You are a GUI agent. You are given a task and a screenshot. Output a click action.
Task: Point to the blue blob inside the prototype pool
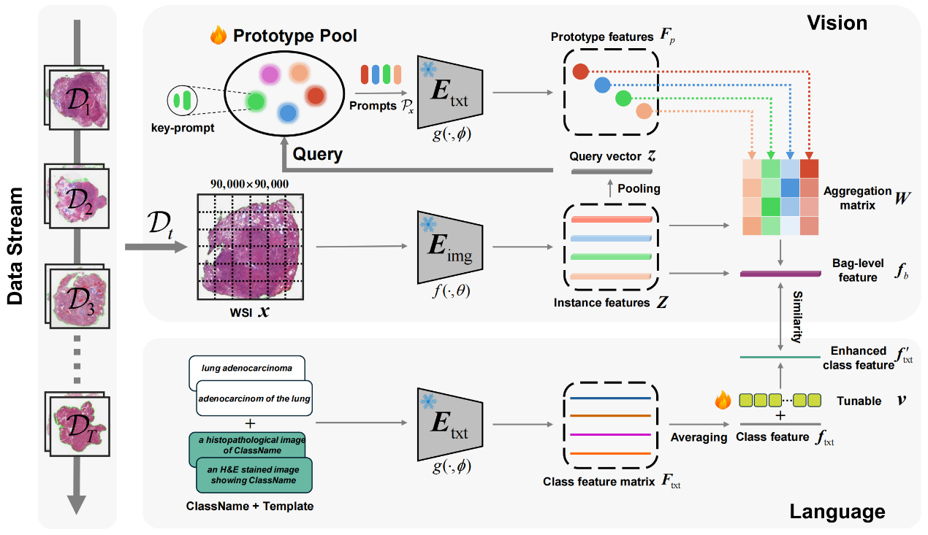tap(288, 113)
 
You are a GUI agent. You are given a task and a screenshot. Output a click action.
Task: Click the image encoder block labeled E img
tap(451, 247)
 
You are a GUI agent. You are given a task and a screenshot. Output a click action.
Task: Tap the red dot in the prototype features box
tap(580, 72)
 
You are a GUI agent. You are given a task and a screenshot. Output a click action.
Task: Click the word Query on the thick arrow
tap(318, 155)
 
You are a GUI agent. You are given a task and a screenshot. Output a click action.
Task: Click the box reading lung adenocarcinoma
tap(248, 369)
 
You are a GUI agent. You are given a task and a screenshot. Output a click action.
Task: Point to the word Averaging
tap(699, 437)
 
